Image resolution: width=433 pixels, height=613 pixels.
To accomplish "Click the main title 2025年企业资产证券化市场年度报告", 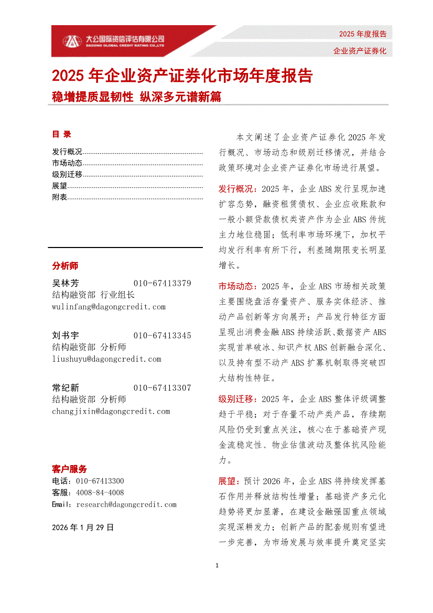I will pos(182,76).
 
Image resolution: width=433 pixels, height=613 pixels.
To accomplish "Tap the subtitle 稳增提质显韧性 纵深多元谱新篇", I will pos(136,96).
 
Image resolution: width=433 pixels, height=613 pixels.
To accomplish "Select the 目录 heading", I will pos(61,134).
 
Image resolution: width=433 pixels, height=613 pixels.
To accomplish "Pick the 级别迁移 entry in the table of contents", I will pos(68,174).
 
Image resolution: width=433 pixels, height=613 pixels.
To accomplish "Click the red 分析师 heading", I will pos(65,266).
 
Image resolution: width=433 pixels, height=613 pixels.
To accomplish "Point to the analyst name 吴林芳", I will pos(66,284).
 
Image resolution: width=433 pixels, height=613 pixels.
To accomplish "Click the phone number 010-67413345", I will pos(163,336).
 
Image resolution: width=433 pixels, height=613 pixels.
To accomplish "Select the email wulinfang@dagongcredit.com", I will pos(109,307).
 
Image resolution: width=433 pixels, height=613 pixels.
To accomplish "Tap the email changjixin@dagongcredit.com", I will pos(111,412).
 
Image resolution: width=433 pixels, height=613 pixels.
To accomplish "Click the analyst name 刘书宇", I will pos(66,336).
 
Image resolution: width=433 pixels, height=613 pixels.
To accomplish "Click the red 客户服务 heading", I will pos(69,469).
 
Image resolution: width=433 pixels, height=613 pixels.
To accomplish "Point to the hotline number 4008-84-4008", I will pos(100,493).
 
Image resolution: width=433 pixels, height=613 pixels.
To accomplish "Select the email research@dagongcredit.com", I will pos(126,504).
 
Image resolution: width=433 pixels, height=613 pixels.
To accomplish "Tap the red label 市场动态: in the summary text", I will pos(237,286).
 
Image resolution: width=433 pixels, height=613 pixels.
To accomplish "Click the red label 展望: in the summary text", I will pos(230,481).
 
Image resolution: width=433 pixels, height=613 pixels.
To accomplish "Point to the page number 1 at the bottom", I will pos(217,566).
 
